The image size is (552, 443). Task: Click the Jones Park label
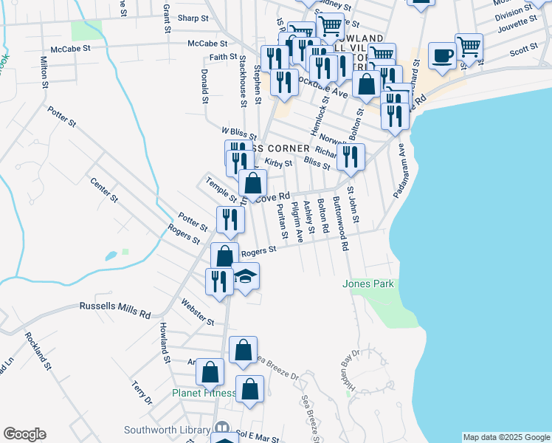(368, 284)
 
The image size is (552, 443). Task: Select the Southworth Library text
(167, 430)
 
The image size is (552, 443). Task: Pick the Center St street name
(104, 190)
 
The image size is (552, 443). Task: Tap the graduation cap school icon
(246, 277)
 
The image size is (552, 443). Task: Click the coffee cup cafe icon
(442, 55)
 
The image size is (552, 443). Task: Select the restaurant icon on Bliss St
(351, 156)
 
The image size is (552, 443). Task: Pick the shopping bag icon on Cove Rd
(252, 183)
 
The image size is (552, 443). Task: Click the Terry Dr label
(142, 392)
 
